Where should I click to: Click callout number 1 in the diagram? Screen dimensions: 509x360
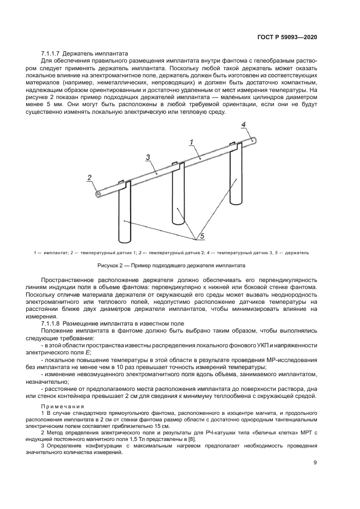point(192,143)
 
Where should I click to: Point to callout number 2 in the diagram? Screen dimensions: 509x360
point(89,177)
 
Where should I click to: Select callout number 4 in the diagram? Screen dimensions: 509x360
point(245,125)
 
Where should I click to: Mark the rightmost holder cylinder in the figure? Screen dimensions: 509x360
point(235,180)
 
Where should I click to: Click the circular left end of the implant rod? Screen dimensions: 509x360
point(97,193)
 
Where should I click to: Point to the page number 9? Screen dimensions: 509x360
point(315,463)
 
